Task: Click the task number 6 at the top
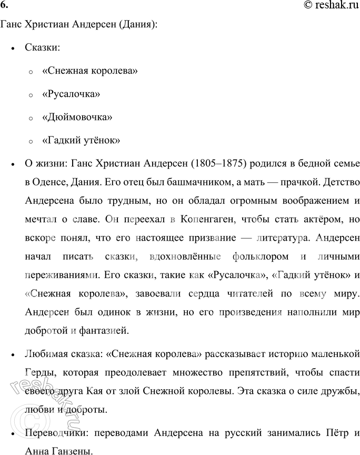coord(5,5)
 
